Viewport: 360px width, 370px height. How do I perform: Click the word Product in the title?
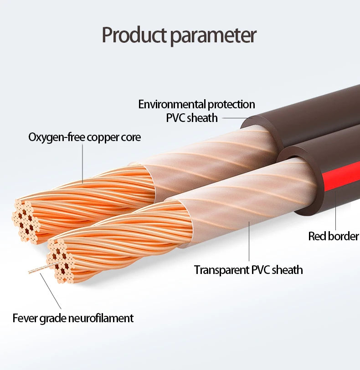(134, 35)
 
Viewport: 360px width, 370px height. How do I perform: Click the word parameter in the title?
(213, 36)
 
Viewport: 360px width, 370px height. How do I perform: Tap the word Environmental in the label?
(172, 104)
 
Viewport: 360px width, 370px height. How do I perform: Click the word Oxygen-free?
(57, 137)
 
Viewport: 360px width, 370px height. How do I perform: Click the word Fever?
(25, 318)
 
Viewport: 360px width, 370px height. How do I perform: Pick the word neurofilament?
(101, 318)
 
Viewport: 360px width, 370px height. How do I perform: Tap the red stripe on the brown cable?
(340, 177)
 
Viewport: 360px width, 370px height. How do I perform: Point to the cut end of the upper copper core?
(26, 221)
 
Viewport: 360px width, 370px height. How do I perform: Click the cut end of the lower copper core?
(61, 261)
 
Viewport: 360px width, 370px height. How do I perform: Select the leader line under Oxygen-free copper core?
(82, 164)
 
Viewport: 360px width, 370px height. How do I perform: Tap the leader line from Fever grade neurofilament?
(51, 291)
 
